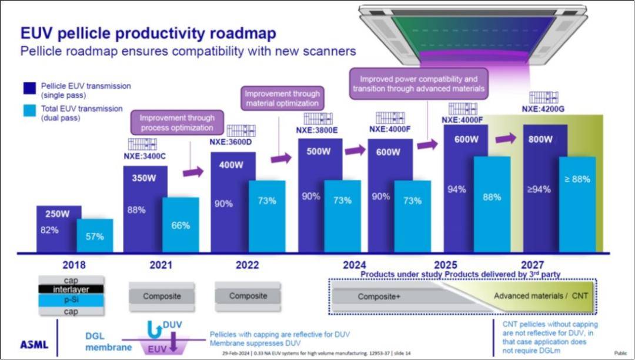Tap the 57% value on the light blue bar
[94, 236]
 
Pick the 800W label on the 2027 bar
[540, 140]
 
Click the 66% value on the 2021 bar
[180, 225]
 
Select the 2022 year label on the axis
[247, 265]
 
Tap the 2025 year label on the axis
[446, 265]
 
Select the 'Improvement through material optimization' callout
[282, 98]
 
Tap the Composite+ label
[379, 296]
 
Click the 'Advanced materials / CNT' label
[540, 295]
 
